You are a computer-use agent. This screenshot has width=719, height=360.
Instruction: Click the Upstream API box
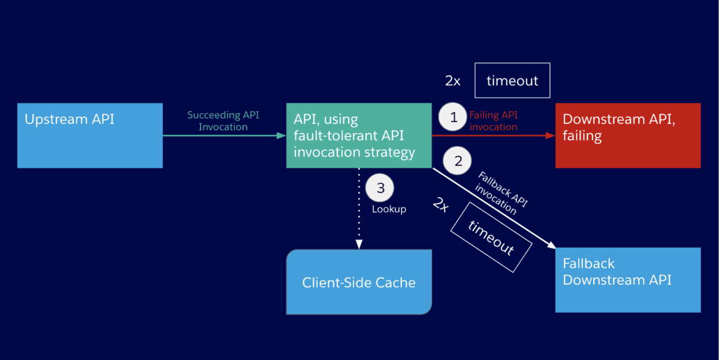90,135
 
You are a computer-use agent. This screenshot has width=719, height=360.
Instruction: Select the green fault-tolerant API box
358,135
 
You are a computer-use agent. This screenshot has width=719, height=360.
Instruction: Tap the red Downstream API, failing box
627,135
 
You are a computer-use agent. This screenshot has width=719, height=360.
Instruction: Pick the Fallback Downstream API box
627,280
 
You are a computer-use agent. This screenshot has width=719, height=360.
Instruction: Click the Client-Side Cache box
358,282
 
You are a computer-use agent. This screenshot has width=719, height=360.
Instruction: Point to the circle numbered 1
454,117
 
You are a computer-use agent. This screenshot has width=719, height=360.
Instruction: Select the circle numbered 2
458,161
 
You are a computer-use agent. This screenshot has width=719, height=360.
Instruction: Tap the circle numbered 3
380,187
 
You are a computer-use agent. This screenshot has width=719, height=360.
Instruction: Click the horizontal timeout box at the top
512,80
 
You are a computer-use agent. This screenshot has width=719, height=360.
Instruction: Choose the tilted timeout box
491,237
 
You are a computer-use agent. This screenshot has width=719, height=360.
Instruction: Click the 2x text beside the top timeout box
453,81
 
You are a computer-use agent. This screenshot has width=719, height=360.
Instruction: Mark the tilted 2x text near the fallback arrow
440,205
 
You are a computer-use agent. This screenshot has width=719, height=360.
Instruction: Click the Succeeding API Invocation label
223,120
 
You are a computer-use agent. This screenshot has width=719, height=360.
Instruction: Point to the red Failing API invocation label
493,120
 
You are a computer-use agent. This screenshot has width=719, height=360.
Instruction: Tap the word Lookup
389,209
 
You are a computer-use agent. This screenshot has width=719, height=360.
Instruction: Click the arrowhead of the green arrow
282,136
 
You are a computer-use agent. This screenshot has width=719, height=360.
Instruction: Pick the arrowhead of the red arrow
551,136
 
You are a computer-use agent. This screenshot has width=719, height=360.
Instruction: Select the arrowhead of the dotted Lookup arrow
359,244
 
